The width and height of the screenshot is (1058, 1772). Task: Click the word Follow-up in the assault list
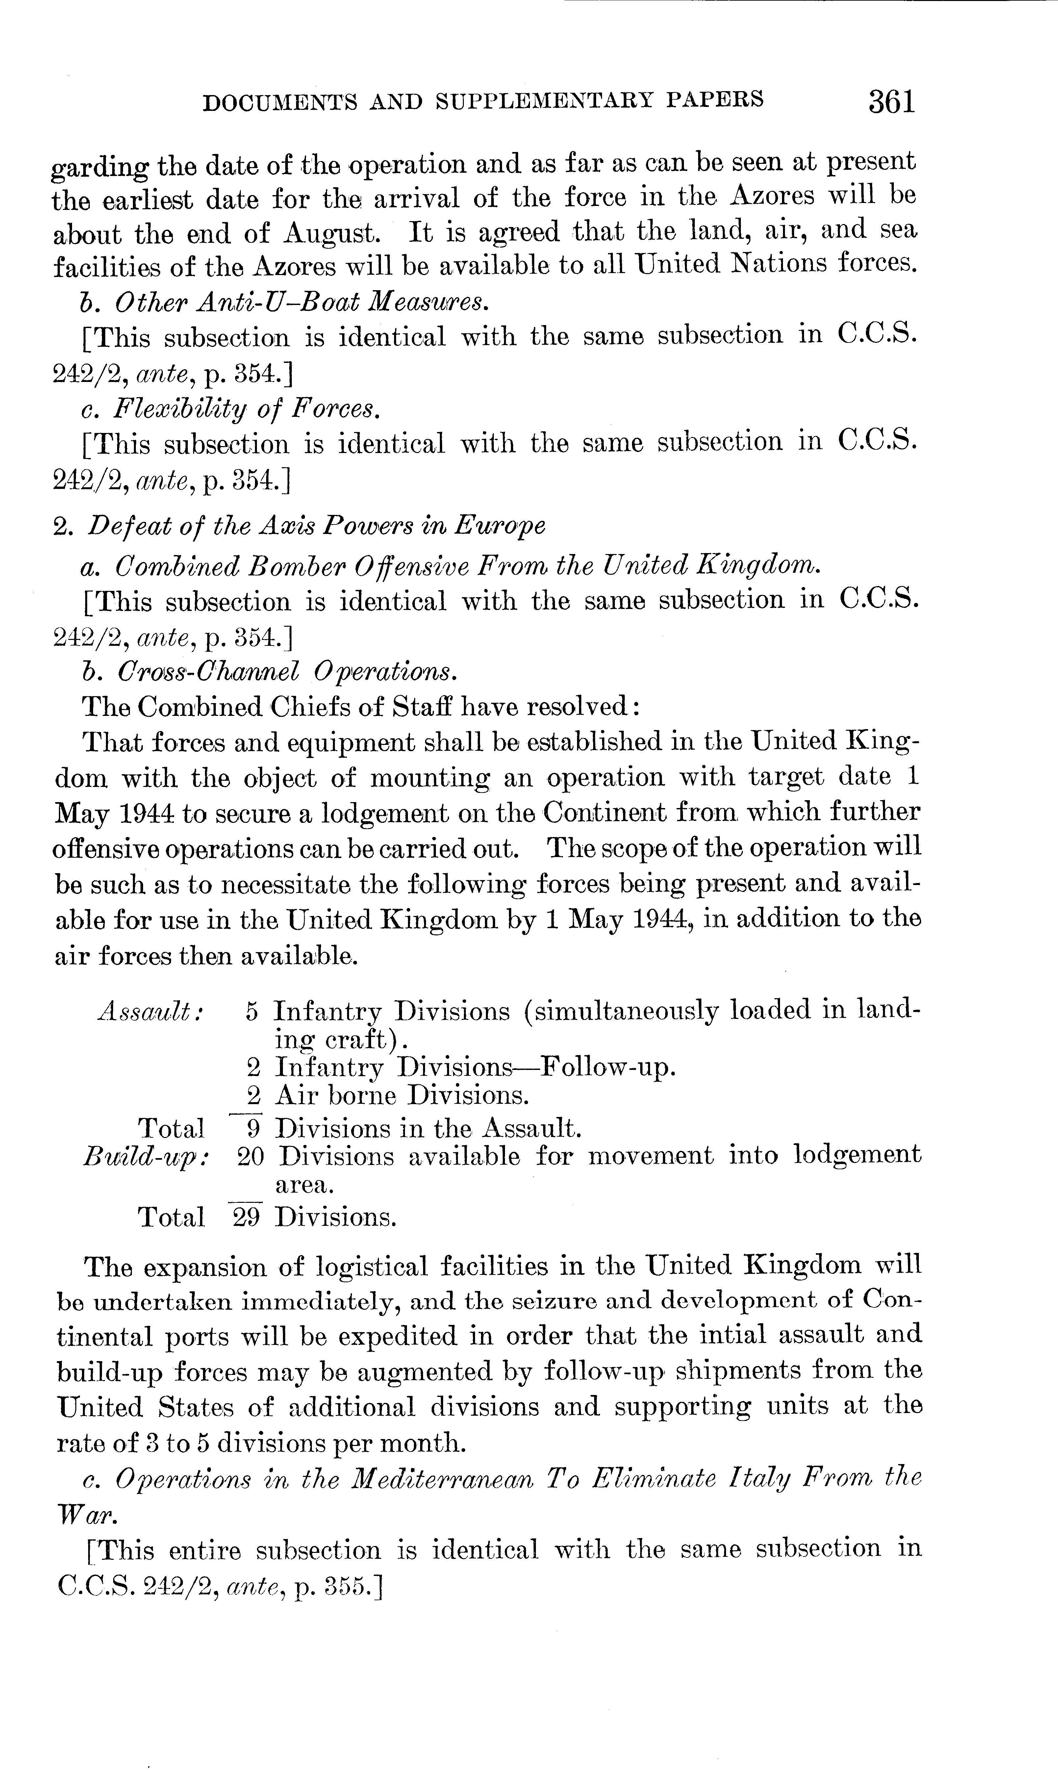click(606, 1067)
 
